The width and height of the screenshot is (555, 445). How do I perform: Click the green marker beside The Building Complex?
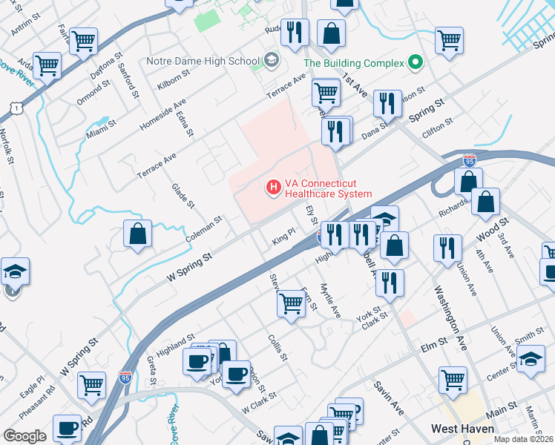pos(416,62)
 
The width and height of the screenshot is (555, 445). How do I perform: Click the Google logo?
pos(25,436)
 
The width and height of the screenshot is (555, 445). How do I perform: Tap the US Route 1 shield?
pos(14,109)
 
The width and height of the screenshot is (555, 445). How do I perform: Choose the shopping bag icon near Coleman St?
pos(139,234)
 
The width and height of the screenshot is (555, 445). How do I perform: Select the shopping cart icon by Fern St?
pos(291,303)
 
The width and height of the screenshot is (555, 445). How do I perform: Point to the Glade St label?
pos(183,196)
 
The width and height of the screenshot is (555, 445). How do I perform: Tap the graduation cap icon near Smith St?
pos(531,360)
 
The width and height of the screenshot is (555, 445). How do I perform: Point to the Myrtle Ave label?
pos(329,298)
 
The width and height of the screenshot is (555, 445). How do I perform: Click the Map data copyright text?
pos(522,439)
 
